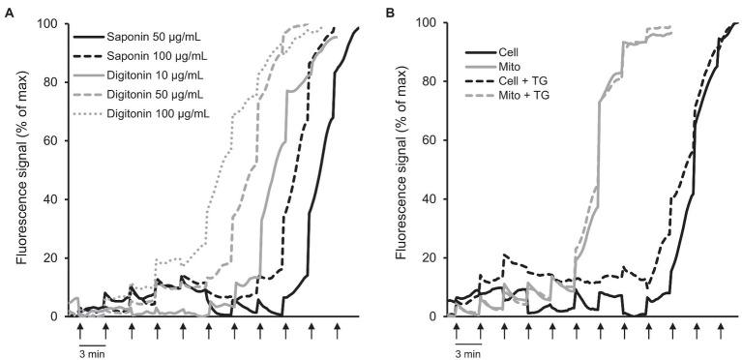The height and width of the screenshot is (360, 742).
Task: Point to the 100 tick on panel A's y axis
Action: [48, 23]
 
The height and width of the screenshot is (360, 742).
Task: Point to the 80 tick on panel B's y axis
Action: [431, 81]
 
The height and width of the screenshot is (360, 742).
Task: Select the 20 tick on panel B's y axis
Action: [431, 257]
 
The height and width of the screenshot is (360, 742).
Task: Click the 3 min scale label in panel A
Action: [92, 353]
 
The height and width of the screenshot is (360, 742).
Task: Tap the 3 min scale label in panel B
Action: [467, 353]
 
